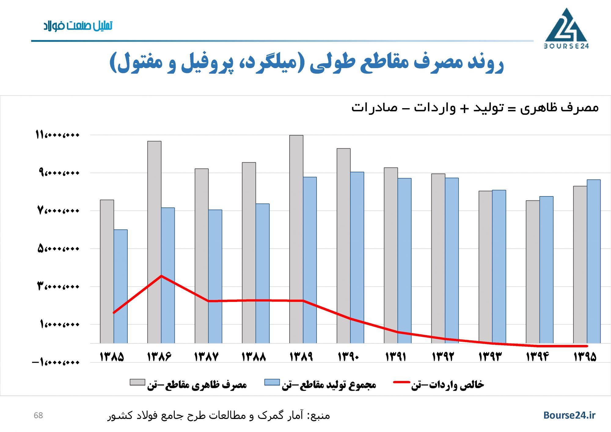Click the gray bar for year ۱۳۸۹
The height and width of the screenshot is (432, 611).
[x=296, y=238]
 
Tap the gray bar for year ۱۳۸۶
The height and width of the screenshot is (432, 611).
[x=154, y=241]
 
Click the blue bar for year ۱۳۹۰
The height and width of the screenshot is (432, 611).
[x=357, y=257]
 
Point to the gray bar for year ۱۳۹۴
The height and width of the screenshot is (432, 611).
[x=533, y=272]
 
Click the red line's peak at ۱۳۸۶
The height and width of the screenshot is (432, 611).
[x=161, y=276]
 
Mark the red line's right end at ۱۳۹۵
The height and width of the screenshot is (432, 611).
[x=587, y=346]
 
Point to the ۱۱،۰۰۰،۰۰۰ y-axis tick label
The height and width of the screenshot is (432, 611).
[x=57, y=135]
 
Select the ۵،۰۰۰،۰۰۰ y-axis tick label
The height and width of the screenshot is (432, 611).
[x=58, y=249]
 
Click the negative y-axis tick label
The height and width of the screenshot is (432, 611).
[x=56, y=363]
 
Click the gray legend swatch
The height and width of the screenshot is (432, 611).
[x=137, y=382]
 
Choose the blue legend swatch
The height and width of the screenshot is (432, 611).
[x=272, y=382]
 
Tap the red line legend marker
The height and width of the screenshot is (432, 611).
[x=401, y=382]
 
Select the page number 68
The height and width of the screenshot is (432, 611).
[x=38, y=416]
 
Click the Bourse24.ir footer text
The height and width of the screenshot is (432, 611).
[x=569, y=415]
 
